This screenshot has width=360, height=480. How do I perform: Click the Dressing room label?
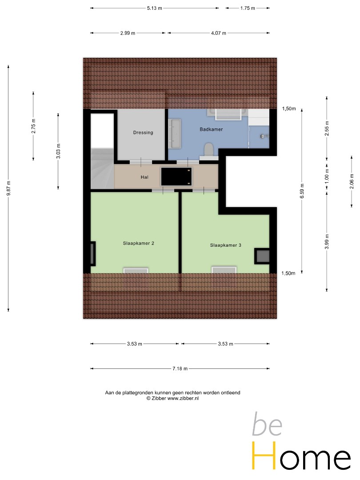143,132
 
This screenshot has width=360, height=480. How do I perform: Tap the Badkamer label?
211,129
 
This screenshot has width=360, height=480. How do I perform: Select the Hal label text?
144,177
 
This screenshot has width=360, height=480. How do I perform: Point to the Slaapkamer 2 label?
138,243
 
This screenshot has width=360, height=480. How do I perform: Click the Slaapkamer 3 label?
226,245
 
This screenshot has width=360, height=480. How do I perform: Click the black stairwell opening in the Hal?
176,176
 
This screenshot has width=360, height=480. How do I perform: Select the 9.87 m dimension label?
8,188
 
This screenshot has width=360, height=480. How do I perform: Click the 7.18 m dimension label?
180,368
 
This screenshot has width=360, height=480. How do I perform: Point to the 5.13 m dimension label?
154,8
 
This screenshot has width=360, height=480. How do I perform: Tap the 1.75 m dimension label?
248,8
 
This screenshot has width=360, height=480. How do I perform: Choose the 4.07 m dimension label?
219,33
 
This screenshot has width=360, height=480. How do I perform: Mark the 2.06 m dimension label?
352,181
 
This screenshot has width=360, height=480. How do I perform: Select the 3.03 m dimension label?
59,151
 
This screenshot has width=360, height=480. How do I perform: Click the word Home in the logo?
301,456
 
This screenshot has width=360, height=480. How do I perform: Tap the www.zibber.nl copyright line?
172,398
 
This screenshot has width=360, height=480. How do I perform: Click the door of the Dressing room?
141,162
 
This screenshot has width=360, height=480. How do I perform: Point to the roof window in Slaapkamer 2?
136,270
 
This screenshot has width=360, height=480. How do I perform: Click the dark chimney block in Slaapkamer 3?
262,256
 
